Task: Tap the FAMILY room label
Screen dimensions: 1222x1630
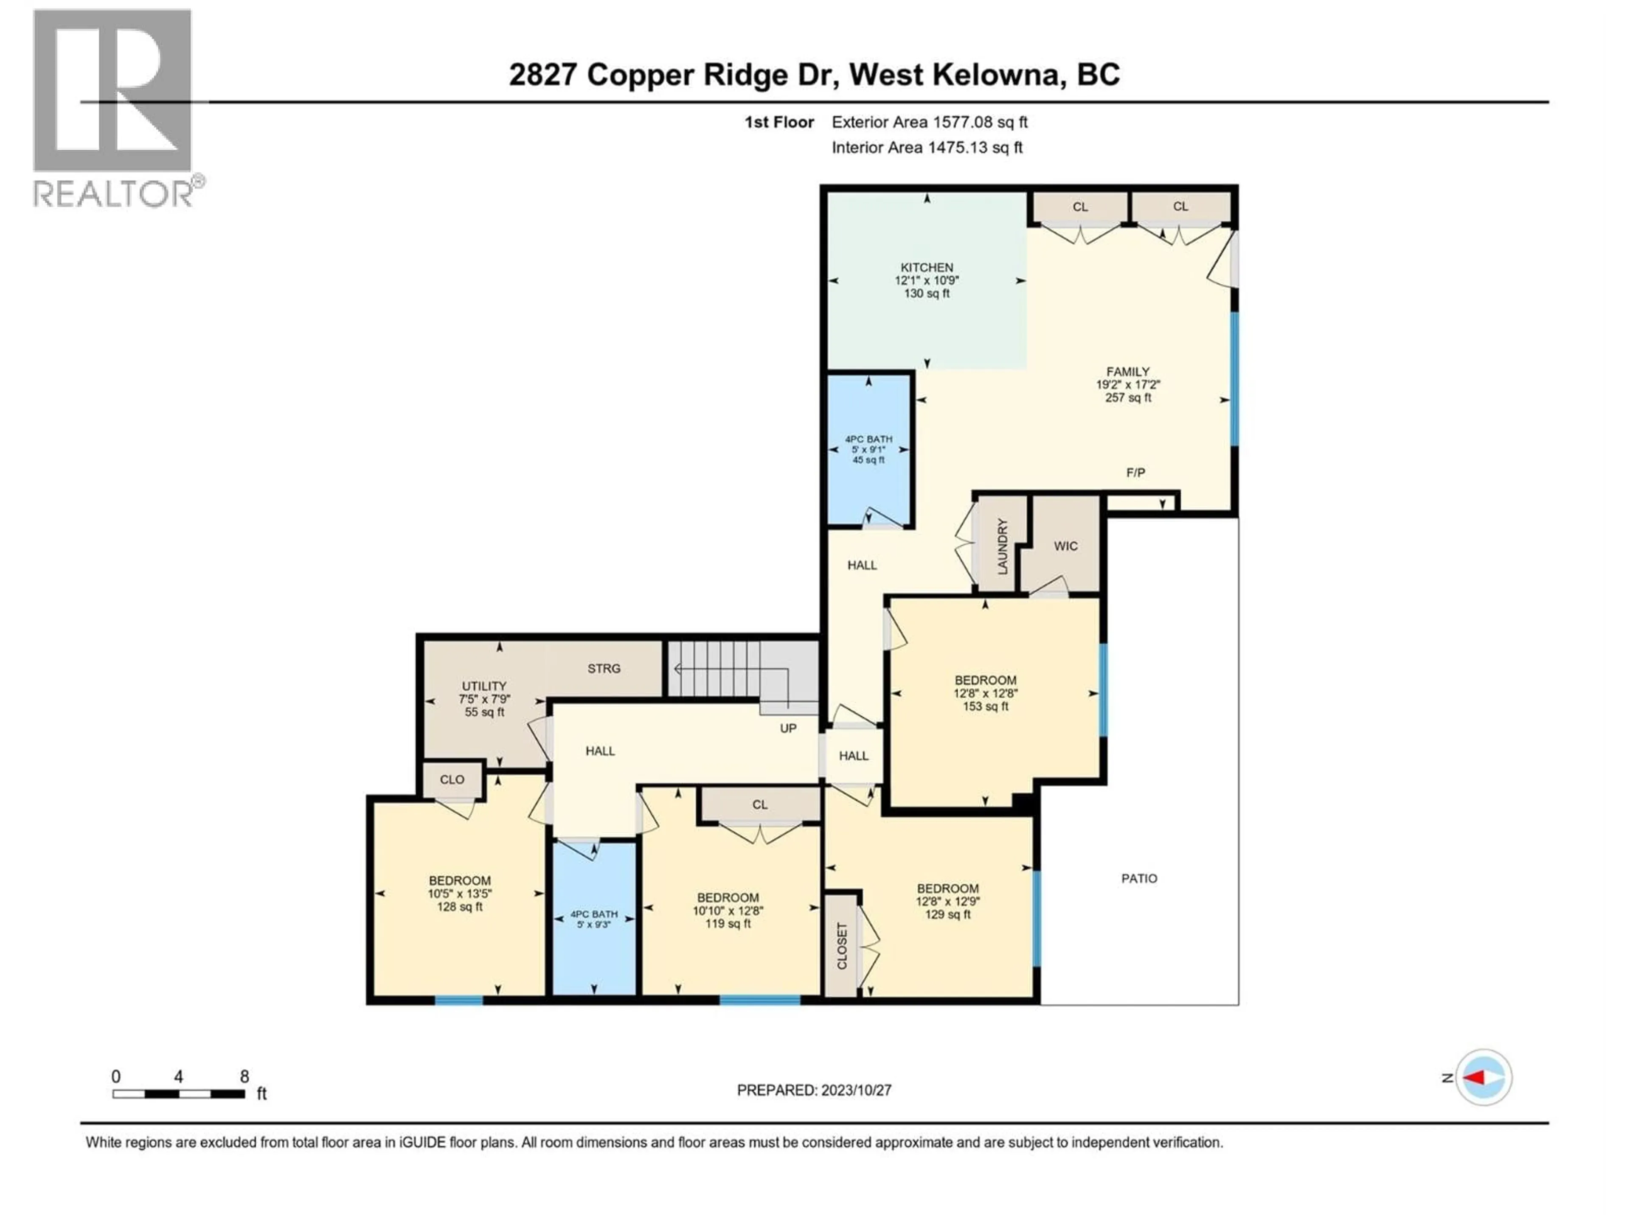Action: point(1127,372)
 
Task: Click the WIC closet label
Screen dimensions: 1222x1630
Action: point(1065,546)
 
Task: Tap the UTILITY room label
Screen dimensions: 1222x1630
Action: point(484,686)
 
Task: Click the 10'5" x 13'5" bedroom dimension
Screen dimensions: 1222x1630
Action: point(460,894)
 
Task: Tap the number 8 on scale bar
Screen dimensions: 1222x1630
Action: point(244,1076)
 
